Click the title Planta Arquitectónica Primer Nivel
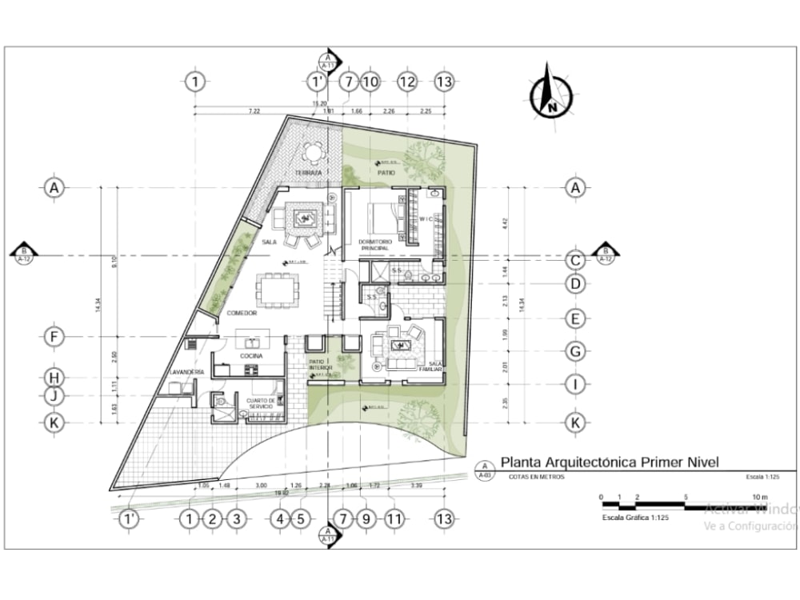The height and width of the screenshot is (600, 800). tap(610, 462)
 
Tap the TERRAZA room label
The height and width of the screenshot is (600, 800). tap(308, 173)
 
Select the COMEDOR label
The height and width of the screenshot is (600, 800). tap(241, 314)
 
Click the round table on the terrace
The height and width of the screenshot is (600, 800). tap(313, 151)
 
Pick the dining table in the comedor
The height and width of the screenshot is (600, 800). tap(276, 290)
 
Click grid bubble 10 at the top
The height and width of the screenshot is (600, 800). tap(370, 81)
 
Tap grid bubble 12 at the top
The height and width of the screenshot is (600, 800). tap(407, 81)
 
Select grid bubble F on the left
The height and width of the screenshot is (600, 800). tap(54, 337)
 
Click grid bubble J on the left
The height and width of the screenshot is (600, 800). tap(54, 394)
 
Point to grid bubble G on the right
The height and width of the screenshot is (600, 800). tap(574, 350)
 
